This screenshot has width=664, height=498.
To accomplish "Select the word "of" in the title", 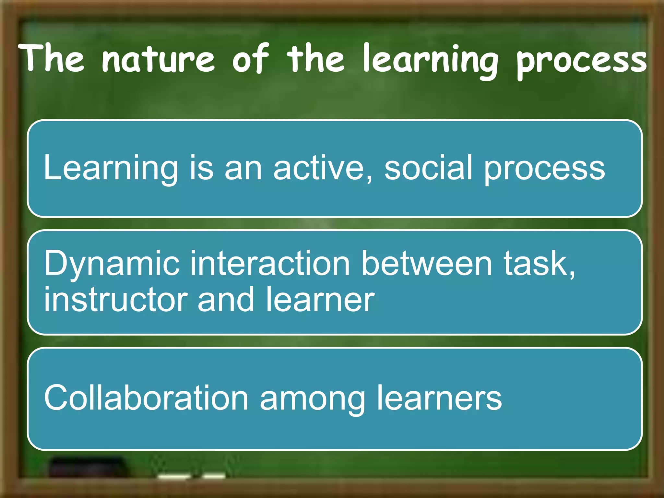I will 250,58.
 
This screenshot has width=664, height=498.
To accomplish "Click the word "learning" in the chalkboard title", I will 430,60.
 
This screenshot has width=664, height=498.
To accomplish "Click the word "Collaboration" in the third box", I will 146,397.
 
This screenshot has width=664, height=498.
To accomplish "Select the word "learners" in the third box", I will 439,397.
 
